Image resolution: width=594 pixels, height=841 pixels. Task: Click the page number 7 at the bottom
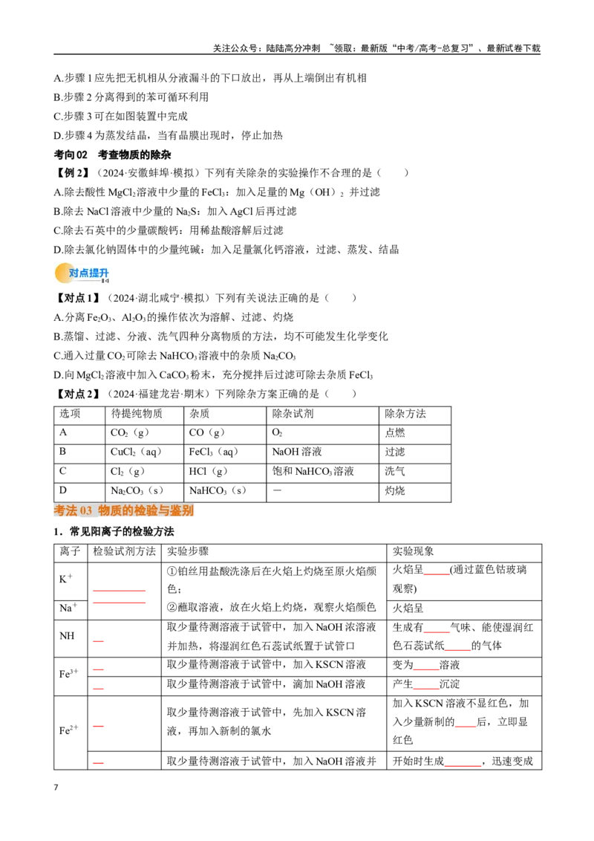click(56, 788)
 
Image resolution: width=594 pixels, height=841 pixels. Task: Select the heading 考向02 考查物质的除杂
click(113, 155)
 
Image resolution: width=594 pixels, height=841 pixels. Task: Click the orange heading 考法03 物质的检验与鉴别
click(123, 510)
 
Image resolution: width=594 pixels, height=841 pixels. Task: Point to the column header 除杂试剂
click(293, 414)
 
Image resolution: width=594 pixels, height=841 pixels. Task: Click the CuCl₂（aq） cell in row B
click(136, 452)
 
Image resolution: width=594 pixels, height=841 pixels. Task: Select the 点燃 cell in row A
click(395, 432)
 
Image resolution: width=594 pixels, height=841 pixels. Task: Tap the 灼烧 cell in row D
click(395, 490)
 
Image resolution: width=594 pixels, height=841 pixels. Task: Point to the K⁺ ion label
click(66, 579)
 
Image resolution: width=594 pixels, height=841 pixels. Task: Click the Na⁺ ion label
click(68, 608)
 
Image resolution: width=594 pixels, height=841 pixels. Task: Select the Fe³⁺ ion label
click(68, 674)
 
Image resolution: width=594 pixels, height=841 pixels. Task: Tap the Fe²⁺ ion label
click(68, 730)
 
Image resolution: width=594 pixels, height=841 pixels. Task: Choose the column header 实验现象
click(414, 551)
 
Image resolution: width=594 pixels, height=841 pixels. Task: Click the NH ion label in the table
click(67, 635)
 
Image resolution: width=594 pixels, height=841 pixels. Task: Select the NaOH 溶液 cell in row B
click(297, 452)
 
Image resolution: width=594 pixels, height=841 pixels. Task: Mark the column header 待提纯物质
click(137, 414)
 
